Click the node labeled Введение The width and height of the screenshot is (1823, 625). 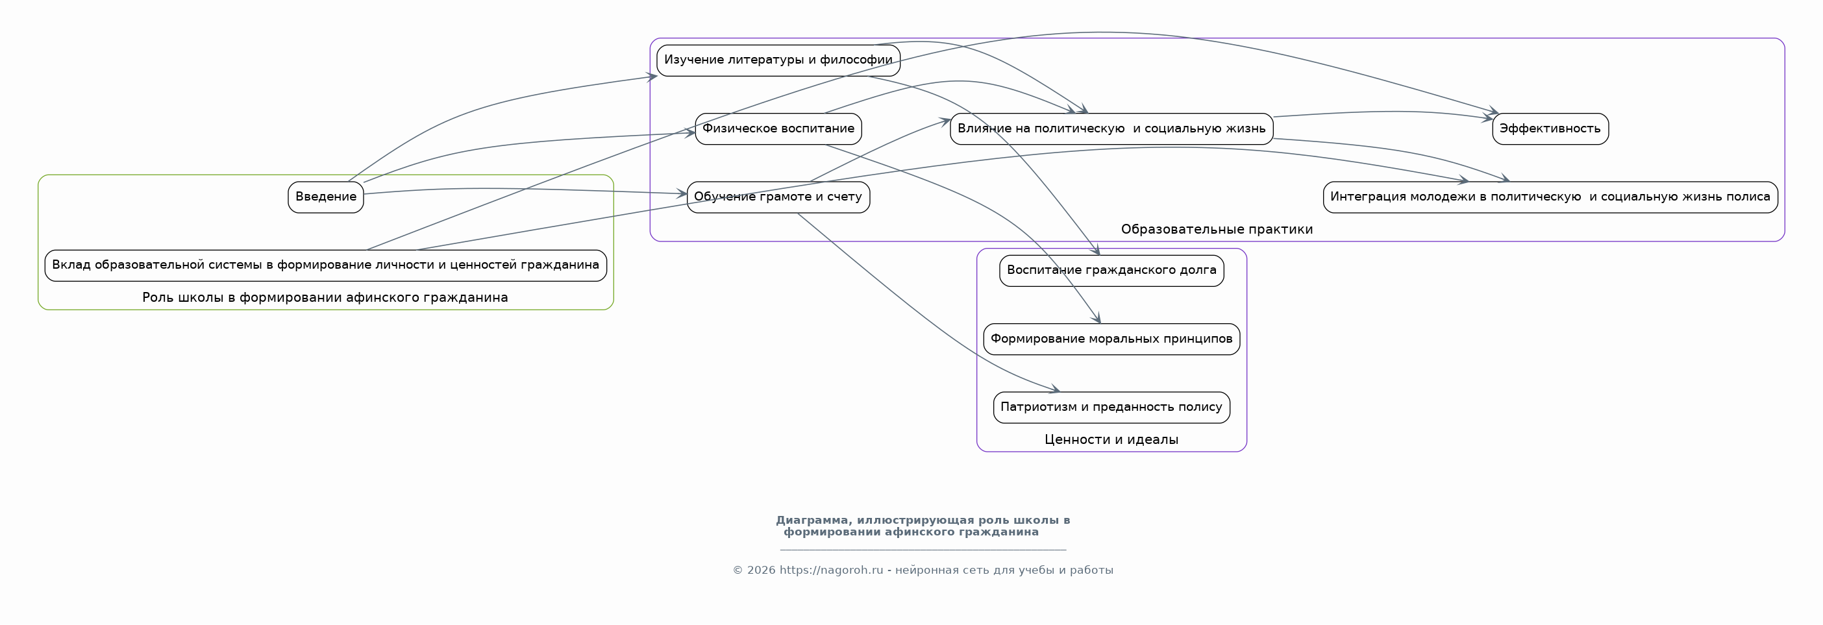[325, 197]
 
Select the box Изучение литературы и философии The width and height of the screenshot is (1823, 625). [778, 60]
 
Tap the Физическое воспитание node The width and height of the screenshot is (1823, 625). [778, 129]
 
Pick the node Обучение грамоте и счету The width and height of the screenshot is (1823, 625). [778, 197]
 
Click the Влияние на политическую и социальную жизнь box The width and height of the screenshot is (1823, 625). [1111, 129]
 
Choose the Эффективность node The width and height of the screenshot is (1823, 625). [1550, 129]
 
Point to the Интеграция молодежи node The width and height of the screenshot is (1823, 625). [1550, 197]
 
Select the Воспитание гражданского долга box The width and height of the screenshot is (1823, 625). [1111, 271]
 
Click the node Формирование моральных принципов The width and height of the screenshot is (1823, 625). [1111, 339]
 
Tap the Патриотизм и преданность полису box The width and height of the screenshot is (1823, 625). [1111, 407]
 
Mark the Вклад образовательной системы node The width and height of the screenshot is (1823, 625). [325, 265]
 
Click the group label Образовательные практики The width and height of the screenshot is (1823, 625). [1217, 229]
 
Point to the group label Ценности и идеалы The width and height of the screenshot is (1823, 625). [1111, 439]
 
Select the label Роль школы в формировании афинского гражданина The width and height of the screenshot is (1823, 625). [325, 297]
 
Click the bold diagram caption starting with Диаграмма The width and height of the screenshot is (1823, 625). [923, 526]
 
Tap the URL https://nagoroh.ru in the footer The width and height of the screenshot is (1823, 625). [832, 570]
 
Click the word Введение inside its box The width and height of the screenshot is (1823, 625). [325, 197]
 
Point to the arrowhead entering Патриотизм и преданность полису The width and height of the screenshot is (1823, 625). [1055, 389]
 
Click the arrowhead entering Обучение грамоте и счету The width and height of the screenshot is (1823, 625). [682, 193]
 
